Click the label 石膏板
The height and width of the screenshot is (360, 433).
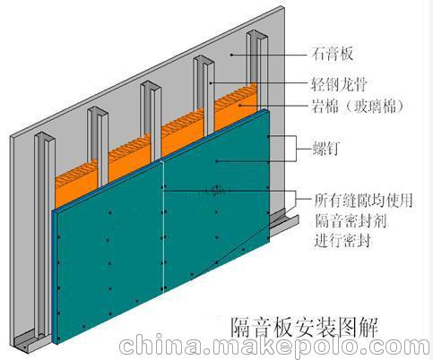coord(333,54)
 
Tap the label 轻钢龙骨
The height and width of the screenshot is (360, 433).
coord(339,84)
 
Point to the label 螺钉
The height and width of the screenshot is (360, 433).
coord(326,149)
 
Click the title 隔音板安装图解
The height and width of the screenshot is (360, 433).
coord(304,328)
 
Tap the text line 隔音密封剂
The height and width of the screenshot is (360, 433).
coord(351,220)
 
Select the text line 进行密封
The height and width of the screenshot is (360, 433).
coord(342,240)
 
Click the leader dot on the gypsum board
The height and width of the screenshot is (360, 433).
coord(231,55)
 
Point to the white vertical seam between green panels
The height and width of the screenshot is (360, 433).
coord(163,227)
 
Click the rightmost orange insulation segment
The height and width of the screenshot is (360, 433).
coord(236,106)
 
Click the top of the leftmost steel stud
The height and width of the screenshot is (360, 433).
coord(45,136)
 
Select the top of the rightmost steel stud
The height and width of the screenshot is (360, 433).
coord(257,35)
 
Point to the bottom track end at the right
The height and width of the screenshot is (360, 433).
coord(284,221)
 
